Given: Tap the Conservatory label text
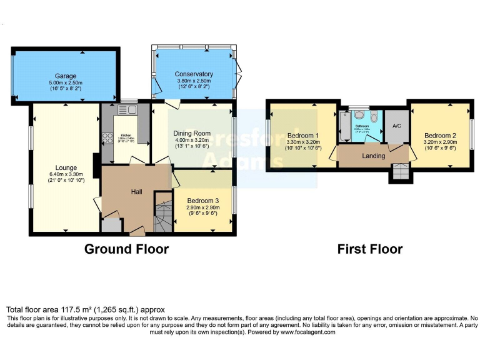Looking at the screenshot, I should pos(194,74).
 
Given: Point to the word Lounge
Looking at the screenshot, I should pos(66,167).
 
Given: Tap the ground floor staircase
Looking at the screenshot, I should pos(164,215).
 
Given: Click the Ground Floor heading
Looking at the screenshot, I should pos(126,249).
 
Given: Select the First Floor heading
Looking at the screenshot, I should pos(370,249).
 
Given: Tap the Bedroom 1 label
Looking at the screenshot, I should pos(303,136).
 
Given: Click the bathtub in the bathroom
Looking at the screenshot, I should pos(345,127).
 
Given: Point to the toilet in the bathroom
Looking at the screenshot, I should pos(374,118).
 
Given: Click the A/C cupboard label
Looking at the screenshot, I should pos(396,126).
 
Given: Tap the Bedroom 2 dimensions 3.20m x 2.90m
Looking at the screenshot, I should pos(440,142).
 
